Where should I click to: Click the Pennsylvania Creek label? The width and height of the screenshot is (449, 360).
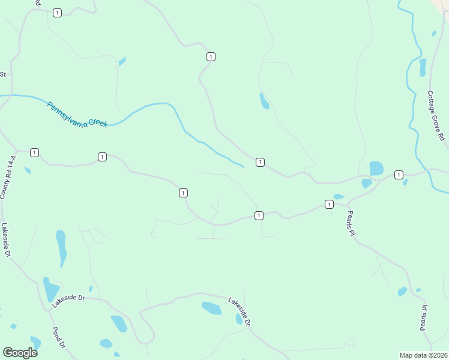point(77,113)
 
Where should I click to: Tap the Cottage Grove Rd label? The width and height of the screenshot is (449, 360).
point(436,116)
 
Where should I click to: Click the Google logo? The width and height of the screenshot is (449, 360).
point(20,353)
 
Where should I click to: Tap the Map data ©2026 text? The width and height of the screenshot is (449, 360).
point(423,355)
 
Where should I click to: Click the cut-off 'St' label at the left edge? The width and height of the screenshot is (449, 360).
point(2,74)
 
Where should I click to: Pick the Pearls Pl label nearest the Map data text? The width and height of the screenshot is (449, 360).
point(424,318)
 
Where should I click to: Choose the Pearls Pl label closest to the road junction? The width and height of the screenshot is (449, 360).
point(351,223)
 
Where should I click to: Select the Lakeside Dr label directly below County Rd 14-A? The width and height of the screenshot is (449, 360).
point(6,241)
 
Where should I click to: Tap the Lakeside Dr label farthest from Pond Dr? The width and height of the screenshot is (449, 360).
point(238,311)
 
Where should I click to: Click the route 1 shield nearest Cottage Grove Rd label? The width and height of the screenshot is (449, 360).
point(399,174)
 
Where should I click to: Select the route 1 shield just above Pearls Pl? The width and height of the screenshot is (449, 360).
point(329,205)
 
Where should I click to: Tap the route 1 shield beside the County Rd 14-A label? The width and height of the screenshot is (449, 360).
point(34,152)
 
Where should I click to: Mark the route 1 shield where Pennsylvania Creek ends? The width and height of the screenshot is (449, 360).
point(260,162)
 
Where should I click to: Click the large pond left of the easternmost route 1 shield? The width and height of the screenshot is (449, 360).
point(376,168)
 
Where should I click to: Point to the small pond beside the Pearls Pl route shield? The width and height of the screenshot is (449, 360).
point(339,196)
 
